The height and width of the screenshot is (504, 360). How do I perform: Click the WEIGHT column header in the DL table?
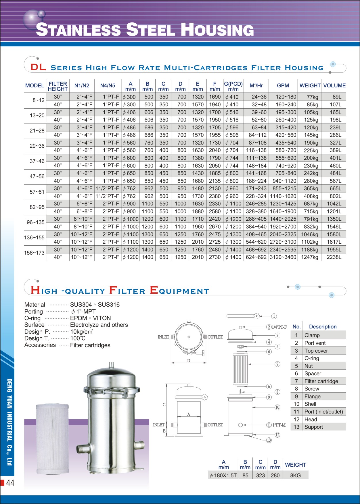[x=310, y=86]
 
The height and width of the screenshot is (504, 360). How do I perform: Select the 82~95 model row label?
[x=37, y=207]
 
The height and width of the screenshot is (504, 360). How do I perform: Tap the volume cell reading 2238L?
[x=334, y=257]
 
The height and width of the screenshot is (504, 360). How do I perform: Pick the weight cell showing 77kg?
[x=312, y=97]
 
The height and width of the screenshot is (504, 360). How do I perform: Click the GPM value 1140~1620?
[x=283, y=196]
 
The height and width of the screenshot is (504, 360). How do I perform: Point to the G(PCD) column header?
[x=233, y=86]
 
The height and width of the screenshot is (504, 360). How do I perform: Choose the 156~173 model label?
[x=35, y=253]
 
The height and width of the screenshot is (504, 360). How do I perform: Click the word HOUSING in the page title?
[x=217, y=30]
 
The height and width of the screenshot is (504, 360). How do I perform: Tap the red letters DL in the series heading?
[x=38, y=67]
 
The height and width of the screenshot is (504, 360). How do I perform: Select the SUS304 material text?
[x=81, y=305]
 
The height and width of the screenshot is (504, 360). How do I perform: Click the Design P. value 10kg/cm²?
[x=81, y=332]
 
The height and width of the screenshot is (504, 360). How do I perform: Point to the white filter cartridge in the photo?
[x=53, y=440]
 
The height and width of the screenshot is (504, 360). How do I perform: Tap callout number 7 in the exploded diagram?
[x=277, y=364]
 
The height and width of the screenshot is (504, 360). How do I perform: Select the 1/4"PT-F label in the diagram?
[x=279, y=327]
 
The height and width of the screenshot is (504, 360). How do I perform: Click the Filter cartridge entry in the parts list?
[x=321, y=381]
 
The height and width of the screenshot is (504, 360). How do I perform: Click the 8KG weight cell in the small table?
[x=295, y=476]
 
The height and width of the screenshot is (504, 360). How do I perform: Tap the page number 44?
[x=10, y=483]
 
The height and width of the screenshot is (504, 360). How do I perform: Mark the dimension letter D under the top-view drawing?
[x=189, y=361]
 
